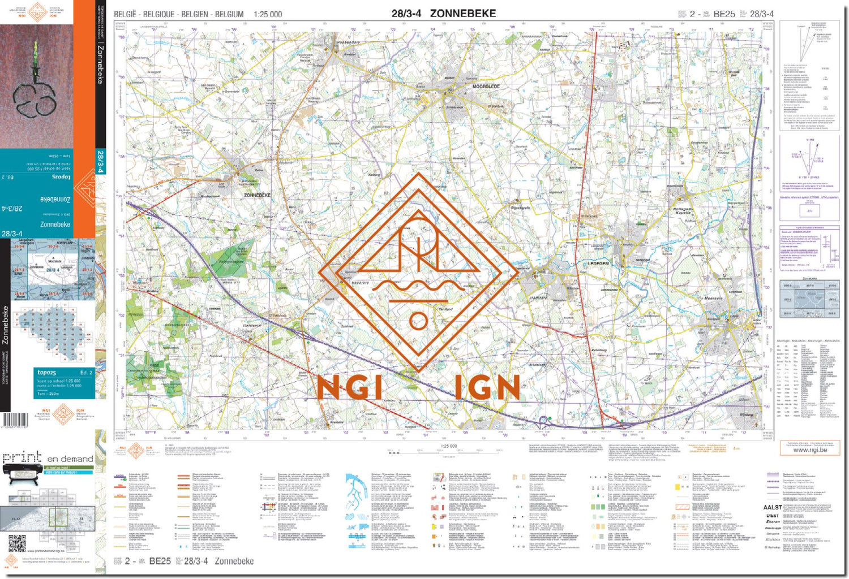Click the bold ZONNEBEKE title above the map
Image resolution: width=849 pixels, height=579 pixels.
coord(463,14)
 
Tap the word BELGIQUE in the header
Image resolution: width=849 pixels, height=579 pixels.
coord(158,14)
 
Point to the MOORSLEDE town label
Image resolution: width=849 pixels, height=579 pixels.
coord(486,87)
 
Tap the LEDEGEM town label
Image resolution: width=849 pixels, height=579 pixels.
coord(598,263)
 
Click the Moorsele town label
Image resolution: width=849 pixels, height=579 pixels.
coord(713,298)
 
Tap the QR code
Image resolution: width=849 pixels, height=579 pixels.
coord(17,543)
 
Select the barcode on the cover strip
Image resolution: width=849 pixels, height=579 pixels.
coord(15,420)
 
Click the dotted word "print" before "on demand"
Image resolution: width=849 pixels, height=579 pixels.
coord(23,457)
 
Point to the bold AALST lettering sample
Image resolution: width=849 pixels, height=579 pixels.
coord(772,508)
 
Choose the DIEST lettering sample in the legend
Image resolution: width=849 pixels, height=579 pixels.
coord(772,516)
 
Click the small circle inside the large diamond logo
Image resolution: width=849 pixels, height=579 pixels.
coord(418,321)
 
